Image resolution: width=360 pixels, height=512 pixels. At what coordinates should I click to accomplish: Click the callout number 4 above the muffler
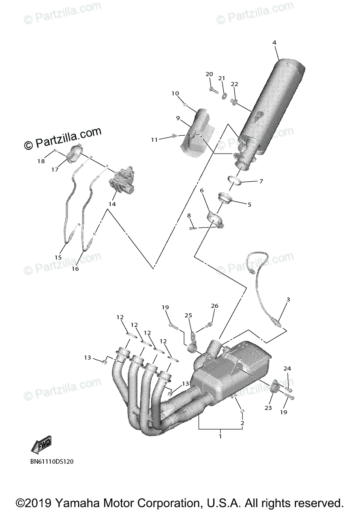click(x=274, y=43)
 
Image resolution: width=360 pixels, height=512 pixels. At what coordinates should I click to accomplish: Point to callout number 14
click(x=112, y=204)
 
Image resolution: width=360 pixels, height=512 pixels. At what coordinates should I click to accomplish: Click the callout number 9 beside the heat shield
click(x=178, y=118)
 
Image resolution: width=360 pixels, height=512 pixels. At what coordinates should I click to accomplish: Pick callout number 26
click(x=214, y=306)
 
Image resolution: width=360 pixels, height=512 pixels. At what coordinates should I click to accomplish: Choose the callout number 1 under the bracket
click(x=220, y=436)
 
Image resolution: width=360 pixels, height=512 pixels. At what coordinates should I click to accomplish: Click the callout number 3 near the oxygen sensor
click(x=288, y=300)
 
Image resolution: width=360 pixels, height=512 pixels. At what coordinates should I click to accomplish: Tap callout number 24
click(x=287, y=368)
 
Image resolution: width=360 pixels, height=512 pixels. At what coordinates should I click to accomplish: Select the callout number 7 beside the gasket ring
click(x=261, y=181)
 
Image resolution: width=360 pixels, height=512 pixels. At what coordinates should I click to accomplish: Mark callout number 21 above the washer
click(x=222, y=78)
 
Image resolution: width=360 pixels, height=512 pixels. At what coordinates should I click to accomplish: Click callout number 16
click(x=75, y=269)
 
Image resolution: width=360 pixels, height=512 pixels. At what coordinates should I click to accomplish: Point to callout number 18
click(x=41, y=161)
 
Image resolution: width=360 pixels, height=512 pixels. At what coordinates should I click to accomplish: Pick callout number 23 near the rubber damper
click(x=268, y=408)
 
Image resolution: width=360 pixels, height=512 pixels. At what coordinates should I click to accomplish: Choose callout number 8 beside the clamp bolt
click(x=189, y=216)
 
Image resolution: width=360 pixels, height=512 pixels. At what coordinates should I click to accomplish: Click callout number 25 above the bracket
click(x=189, y=315)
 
